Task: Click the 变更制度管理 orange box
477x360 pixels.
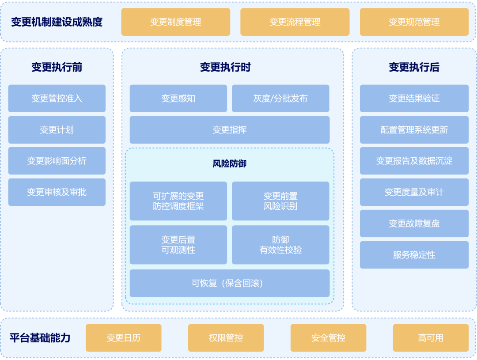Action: tap(175, 22)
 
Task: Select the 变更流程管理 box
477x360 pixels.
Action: tap(295, 22)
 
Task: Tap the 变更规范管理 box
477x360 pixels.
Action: tap(414, 22)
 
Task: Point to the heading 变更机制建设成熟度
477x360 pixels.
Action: tap(57, 22)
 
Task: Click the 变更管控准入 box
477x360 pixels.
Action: tap(57, 99)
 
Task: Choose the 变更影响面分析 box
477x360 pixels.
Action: tap(57, 161)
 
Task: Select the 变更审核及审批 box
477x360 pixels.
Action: tap(57, 192)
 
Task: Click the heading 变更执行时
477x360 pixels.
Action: tap(225, 67)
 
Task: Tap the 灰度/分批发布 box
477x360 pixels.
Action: tap(280, 99)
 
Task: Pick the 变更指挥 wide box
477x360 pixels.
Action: tap(229, 130)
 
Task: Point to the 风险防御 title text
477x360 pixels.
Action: tap(229, 164)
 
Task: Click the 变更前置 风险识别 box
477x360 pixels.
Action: tap(280, 201)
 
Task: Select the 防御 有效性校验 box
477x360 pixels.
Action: tap(280, 245)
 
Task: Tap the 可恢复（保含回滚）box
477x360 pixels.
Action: tap(229, 283)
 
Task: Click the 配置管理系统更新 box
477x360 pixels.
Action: tap(414, 130)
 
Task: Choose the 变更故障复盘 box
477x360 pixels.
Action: tap(414, 224)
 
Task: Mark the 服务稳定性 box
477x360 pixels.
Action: tap(414, 255)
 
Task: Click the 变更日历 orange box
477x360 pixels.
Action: tap(123, 338)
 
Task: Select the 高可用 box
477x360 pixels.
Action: tap(431, 338)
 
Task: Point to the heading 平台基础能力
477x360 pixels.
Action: tap(40, 338)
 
